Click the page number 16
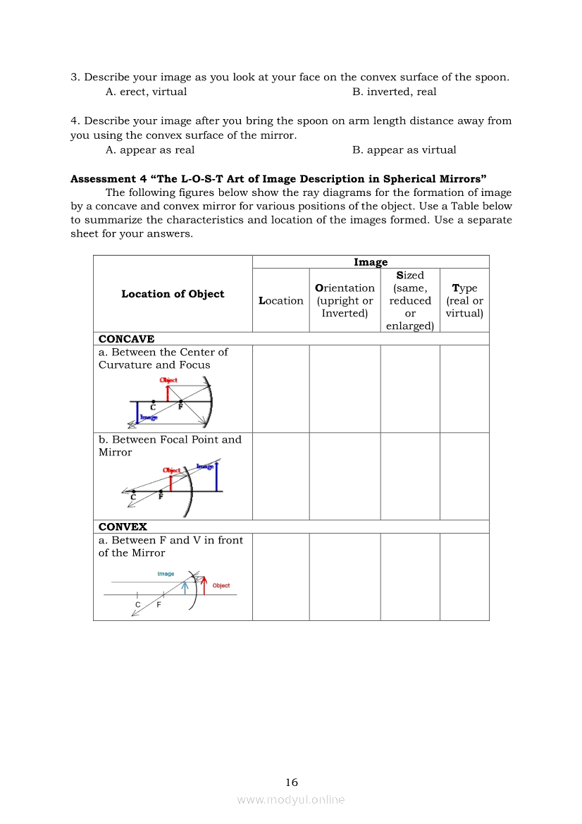(292, 782)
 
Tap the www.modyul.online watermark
(291, 799)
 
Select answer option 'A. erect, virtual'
(146, 92)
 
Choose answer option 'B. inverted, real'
(394, 92)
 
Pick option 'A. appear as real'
(150, 149)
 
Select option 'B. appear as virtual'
(404, 149)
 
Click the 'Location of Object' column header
(173, 294)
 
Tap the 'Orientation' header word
(345, 288)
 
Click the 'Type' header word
(464, 288)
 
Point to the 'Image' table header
(371, 262)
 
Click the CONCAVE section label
(126, 339)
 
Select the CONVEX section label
(123, 527)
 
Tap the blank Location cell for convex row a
(280, 577)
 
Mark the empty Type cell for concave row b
(464, 476)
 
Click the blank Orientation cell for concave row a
(345, 388)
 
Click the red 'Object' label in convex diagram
(221, 586)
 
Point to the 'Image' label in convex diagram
(166, 574)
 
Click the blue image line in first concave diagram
(137, 412)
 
